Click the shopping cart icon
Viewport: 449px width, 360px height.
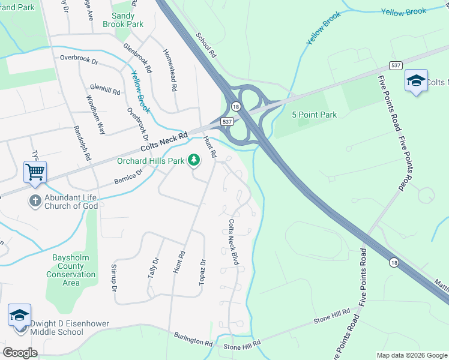click(35, 172)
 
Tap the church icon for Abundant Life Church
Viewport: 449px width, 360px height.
click(35, 201)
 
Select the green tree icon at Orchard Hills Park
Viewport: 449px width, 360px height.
click(193, 160)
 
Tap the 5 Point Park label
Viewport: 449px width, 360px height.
click(314, 115)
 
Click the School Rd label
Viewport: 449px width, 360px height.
click(206, 45)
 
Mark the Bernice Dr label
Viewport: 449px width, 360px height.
click(128, 176)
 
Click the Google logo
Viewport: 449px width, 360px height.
click(20, 353)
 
